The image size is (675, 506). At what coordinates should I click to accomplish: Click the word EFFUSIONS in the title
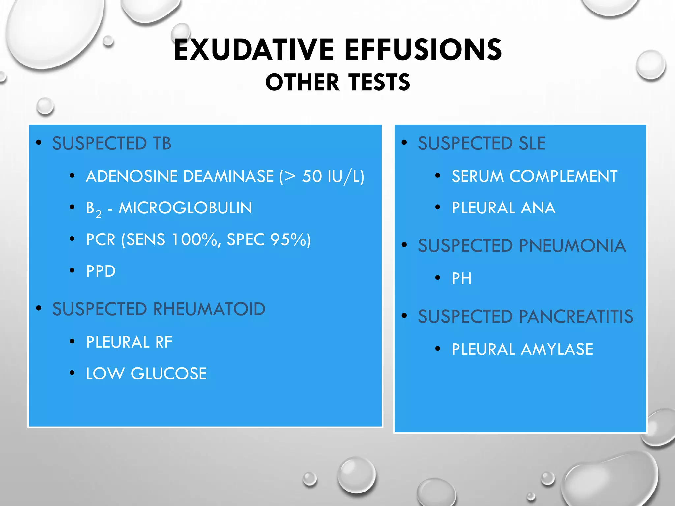(x=423, y=50)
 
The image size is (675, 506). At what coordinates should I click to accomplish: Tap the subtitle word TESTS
(x=379, y=82)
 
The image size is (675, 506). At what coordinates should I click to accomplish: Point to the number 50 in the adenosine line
(x=312, y=176)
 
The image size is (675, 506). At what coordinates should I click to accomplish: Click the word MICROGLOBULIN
(x=185, y=208)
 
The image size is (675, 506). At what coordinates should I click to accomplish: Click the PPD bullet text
(x=101, y=271)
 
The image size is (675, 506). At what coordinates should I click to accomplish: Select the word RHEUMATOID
(x=209, y=309)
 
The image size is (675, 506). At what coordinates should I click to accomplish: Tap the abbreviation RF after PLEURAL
(x=164, y=342)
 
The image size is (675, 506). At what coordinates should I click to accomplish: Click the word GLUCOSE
(x=169, y=374)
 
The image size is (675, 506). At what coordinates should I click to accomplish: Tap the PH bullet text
(x=461, y=279)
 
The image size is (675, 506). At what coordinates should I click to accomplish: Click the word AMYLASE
(x=557, y=350)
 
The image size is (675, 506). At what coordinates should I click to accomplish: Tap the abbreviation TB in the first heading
(x=162, y=143)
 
